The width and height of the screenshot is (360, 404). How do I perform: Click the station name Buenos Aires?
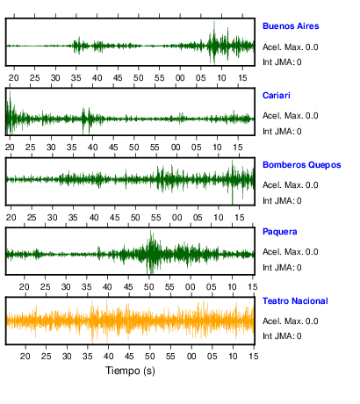point(291,26)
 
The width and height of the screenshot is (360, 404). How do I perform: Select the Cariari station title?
point(277,96)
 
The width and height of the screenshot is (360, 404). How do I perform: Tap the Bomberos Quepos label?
point(302,165)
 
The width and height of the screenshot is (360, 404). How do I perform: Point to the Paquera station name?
point(280,232)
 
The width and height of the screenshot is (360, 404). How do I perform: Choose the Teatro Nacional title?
point(295,301)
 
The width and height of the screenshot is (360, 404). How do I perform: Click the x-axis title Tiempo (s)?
point(130,371)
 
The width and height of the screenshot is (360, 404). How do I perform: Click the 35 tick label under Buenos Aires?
point(76,78)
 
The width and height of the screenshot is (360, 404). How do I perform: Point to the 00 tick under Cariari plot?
point(176,148)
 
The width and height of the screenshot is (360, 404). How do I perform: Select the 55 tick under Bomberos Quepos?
point(156,218)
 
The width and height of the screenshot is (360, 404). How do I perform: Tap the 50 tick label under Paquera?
point(148,287)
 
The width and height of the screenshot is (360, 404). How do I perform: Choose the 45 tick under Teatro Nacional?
point(129,357)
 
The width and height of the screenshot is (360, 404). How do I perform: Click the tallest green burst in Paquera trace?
point(151,252)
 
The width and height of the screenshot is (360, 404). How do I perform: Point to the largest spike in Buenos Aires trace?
point(214,42)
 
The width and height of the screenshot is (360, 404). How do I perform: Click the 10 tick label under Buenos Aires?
point(221,78)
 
